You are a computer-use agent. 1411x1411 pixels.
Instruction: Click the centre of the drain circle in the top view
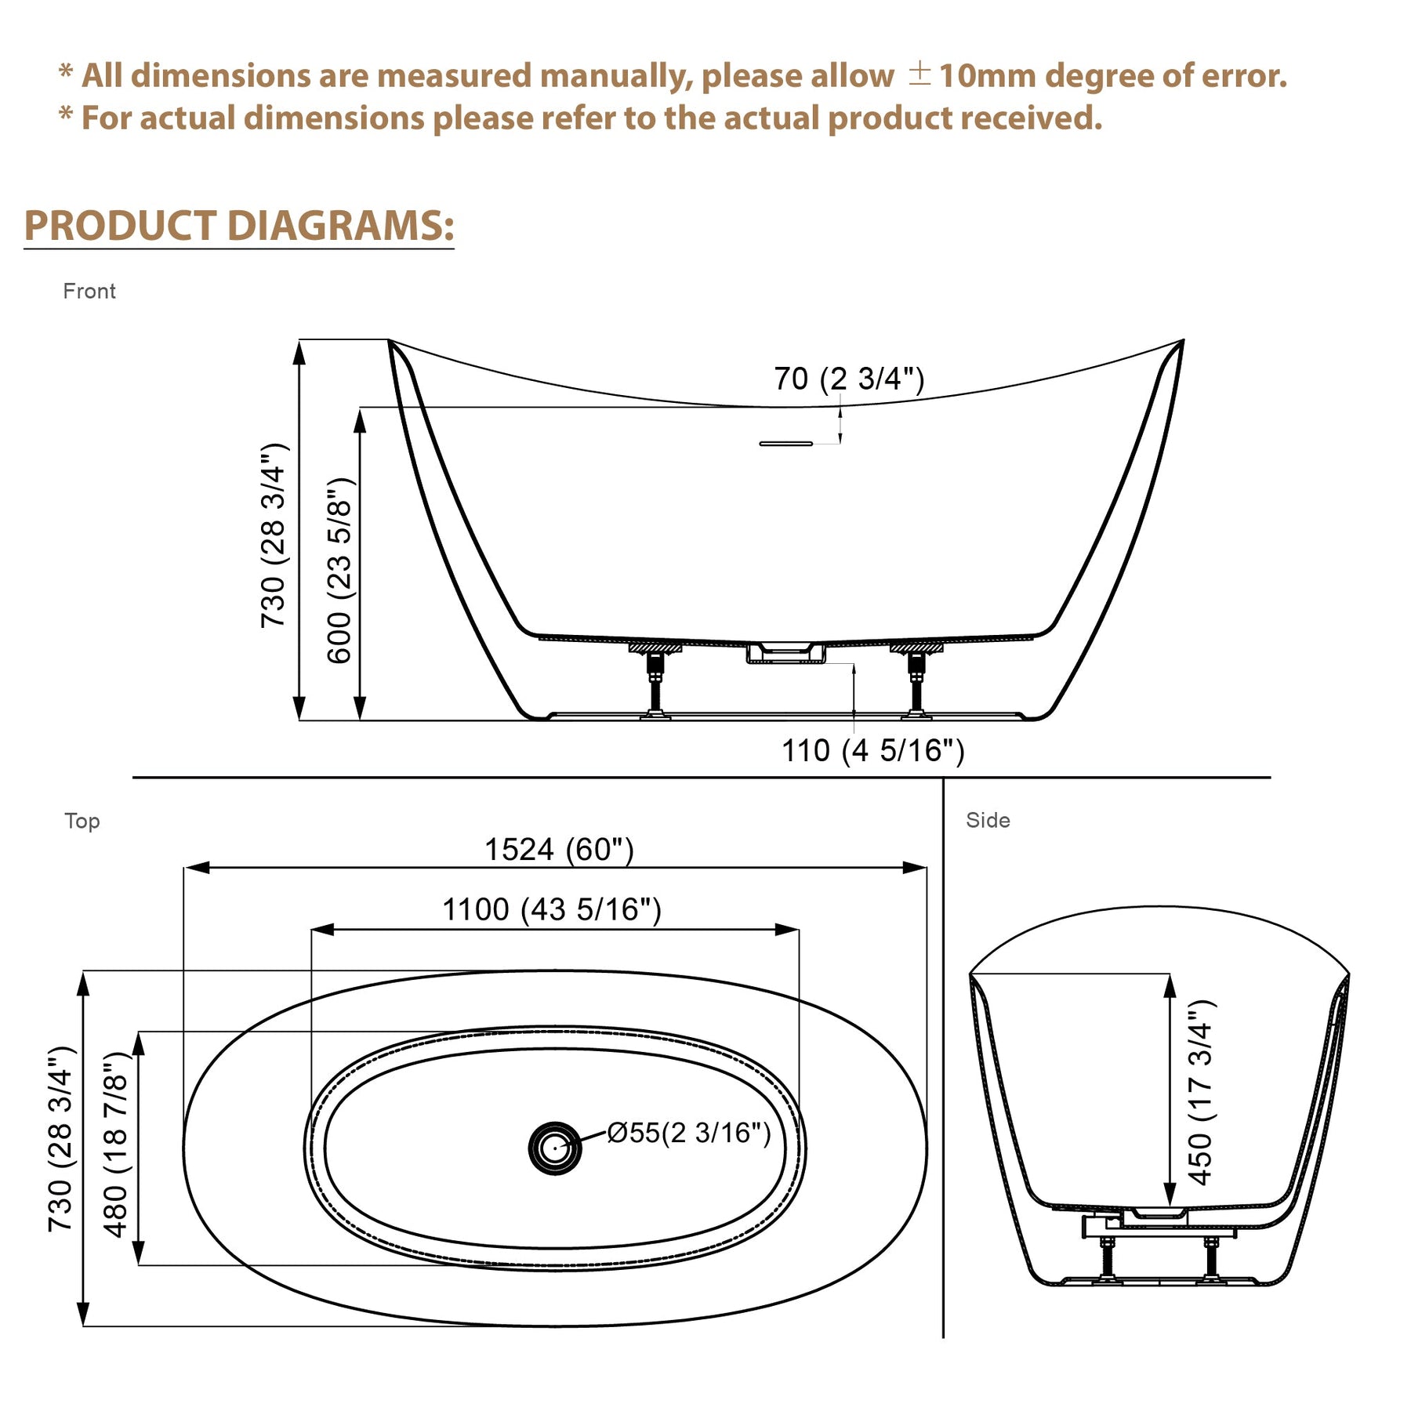pyautogui.click(x=555, y=1148)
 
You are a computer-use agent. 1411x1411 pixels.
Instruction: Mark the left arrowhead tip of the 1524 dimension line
pyautogui.click(x=185, y=868)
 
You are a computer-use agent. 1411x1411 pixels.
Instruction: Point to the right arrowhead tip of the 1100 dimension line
pyautogui.click(x=799, y=930)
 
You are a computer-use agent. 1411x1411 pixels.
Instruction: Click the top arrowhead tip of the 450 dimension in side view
pyautogui.click(x=1170, y=975)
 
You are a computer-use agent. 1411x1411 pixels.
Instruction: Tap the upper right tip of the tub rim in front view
pyautogui.click(x=1183, y=340)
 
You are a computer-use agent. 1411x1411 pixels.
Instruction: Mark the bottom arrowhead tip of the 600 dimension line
pyautogui.click(x=360, y=719)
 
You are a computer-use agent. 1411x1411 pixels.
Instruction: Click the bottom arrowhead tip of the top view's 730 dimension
pyautogui.click(x=83, y=1326)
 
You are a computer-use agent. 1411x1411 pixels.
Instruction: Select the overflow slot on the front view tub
pyautogui.click(x=785, y=444)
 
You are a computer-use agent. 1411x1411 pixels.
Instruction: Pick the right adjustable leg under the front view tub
pyautogui.click(x=916, y=680)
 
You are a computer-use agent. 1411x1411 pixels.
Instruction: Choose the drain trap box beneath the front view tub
pyautogui.click(x=785, y=653)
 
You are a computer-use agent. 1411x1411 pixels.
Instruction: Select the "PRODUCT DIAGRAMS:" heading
pyautogui.click(x=239, y=226)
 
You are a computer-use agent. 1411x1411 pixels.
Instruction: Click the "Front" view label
pyautogui.click(x=89, y=292)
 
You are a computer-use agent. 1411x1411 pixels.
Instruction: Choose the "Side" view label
pyautogui.click(x=988, y=820)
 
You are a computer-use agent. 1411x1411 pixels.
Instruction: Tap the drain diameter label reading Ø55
pyautogui.click(x=689, y=1133)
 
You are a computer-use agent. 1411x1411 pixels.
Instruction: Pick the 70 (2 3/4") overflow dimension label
pyautogui.click(x=849, y=379)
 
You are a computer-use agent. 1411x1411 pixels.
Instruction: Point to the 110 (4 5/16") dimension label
pyautogui.click(x=872, y=750)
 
